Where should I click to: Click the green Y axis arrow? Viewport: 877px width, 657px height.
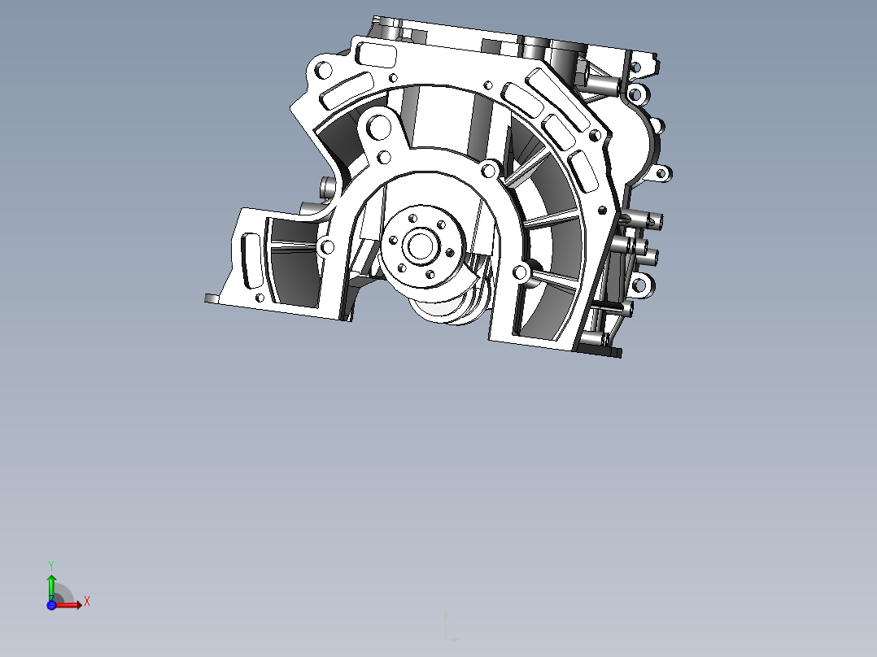51,586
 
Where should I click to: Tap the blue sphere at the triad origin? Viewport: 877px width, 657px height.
51,606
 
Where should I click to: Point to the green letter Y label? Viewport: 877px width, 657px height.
51,566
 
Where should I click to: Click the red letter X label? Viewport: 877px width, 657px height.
87,602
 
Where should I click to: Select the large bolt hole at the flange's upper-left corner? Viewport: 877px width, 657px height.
323,71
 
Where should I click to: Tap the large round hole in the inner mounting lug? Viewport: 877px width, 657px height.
378,127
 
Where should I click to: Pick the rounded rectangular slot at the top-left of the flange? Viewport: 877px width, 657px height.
377,54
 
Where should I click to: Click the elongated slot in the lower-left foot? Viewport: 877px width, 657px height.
251,261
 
